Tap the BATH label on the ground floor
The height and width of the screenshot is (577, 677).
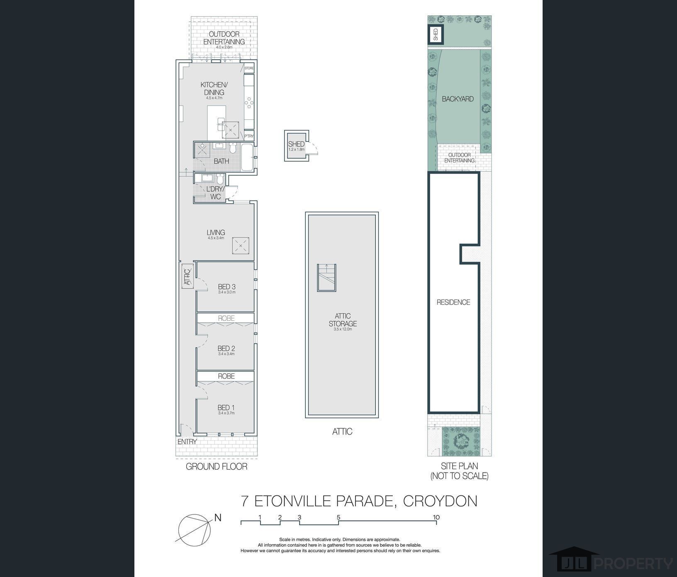(221, 161)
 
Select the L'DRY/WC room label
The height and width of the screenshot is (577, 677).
(215, 193)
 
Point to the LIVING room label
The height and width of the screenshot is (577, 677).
(216, 233)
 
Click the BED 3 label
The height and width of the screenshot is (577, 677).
(226, 286)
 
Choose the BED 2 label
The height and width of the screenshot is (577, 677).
(226, 349)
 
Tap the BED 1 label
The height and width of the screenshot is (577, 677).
(226, 408)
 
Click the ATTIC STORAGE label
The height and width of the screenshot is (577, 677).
(343, 320)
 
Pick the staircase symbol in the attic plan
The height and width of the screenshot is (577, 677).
(326, 278)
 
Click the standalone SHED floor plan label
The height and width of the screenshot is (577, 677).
(296, 144)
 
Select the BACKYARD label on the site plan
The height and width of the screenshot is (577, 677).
(458, 99)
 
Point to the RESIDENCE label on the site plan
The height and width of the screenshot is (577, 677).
(453, 303)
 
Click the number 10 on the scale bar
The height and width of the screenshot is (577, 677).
(436, 517)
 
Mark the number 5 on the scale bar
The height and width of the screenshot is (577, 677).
(338, 517)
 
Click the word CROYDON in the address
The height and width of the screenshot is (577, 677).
(440, 501)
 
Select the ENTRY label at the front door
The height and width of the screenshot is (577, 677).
(187, 442)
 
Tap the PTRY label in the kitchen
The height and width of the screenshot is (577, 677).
(249, 136)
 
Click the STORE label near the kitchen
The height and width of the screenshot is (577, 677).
(249, 68)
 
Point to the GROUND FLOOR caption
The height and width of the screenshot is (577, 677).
(216, 467)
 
